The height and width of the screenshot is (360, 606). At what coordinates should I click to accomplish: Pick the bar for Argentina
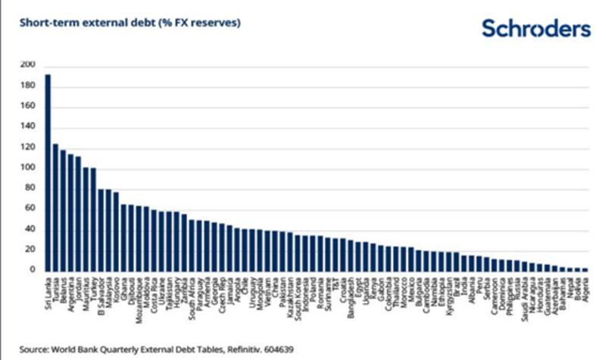tap(70, 212)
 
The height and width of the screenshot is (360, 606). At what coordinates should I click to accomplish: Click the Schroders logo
tap(536, 29)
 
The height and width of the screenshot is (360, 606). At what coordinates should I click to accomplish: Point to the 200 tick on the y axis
tap(27, 64)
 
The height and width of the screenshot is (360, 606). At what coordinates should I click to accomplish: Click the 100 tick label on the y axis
tap(27, 167)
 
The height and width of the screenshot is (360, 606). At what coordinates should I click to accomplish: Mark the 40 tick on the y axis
tap(29, 229)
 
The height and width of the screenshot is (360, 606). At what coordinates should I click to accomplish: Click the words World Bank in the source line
tap(73, 349)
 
